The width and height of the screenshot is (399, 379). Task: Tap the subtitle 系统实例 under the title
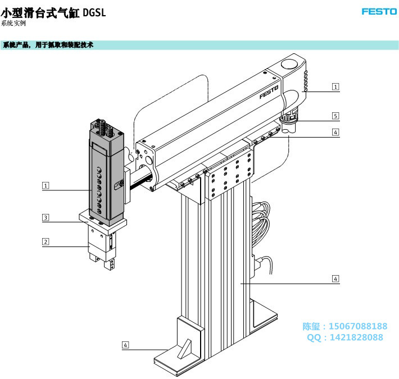(14, 24)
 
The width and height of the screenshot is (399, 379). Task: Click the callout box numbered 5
(335, 116)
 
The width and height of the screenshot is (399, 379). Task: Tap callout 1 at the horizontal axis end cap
(335, 86)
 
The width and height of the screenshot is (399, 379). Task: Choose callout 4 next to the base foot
(125, 344)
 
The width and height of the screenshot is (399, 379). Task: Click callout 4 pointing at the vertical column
(335, 278)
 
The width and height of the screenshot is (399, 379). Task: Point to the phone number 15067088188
(357, 326)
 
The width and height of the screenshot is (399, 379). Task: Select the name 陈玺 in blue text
(311, 326)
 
